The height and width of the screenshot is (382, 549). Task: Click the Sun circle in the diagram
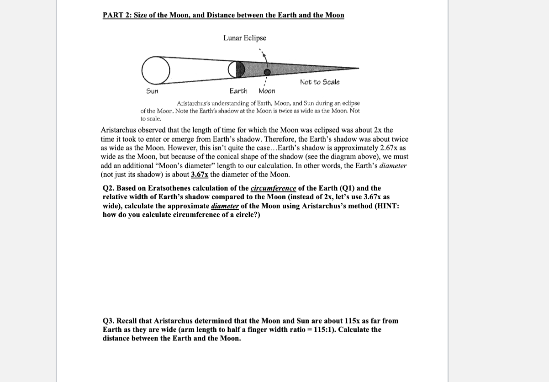(x=155, y=70)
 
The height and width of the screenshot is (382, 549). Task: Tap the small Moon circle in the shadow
(x=268, y=72)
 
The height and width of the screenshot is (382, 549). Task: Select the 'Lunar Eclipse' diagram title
(x=244, y=38)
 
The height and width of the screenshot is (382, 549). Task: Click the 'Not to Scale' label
(x=320, y=82)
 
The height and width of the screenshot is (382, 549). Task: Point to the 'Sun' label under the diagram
(x=152, y=91)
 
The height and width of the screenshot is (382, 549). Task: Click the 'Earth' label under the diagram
(x=238, y=91)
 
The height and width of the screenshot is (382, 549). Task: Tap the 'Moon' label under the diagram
(x=267, y=91)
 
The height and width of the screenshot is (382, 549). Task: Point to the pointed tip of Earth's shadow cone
(x=358, y=69)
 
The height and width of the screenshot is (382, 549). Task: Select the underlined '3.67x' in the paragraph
(x=200, y=175)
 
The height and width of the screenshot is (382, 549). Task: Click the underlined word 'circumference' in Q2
(x=273, y=188)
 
